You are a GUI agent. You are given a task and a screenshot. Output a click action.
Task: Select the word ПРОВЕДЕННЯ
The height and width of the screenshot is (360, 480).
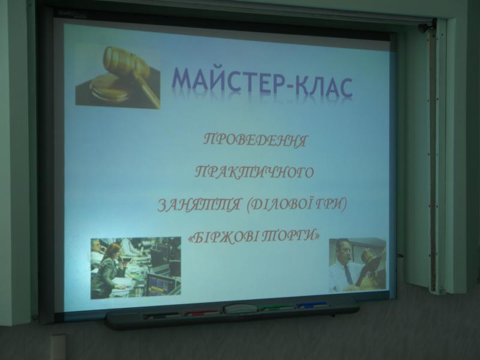tap(255, 141)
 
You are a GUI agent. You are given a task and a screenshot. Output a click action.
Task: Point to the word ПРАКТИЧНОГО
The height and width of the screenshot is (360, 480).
tap(254, 172)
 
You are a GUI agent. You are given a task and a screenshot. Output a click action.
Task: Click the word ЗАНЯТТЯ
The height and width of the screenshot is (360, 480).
tap(199, 205)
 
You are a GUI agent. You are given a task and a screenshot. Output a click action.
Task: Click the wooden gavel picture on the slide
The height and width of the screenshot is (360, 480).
tap(118, 76)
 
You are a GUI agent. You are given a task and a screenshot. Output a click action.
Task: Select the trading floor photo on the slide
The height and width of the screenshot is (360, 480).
tap(136, 268)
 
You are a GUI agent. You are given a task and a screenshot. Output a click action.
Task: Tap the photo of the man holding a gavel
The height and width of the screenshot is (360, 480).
tap(357, 265)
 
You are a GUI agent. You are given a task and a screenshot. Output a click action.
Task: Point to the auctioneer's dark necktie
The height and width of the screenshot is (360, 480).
tap(348, 275)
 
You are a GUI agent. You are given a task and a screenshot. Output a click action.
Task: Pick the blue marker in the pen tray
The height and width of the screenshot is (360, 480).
tap(312, 305)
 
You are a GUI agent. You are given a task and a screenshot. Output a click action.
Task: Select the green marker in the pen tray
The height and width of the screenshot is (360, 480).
tap(275, 307)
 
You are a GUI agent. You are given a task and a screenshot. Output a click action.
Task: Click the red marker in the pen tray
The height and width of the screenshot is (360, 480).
tap(202, 312)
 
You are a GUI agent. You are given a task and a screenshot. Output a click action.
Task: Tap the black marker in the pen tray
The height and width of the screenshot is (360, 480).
tap(161, 315)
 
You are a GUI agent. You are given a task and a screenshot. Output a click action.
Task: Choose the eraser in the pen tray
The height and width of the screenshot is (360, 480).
tap(239, 308)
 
